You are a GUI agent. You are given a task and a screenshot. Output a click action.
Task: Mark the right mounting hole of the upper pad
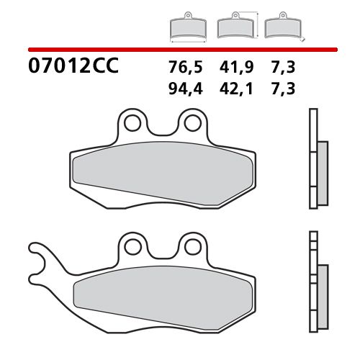(191, 124)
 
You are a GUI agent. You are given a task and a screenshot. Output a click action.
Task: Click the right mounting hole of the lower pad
(191, 247)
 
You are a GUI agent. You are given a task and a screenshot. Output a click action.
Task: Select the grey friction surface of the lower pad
(162, 292)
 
